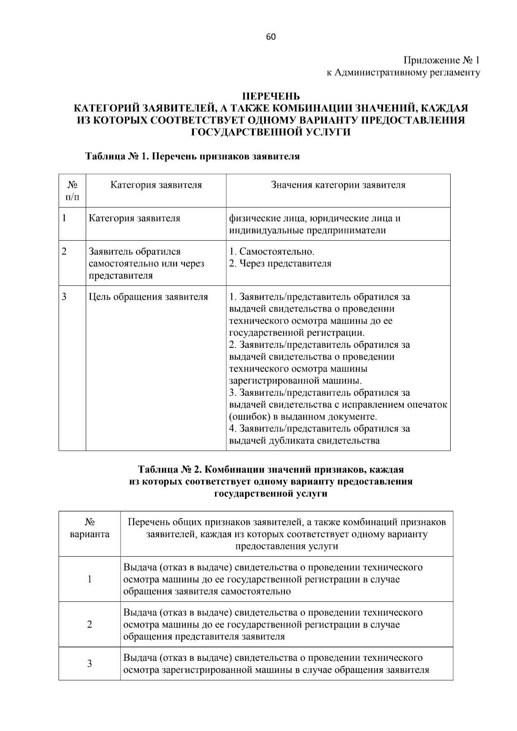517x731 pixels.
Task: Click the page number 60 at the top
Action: click(x=271, y=37)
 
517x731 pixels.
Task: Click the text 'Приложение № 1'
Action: click(x=442, y=60)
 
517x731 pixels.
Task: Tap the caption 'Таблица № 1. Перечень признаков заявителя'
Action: click(x=192, y=156)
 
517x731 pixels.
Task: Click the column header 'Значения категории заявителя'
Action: click(x=338, y=185)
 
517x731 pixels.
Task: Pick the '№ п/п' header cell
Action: click(x=72, y=191)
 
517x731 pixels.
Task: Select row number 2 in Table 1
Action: click(x=64, y=251)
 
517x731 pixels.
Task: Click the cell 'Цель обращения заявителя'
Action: click(x=148, y=297)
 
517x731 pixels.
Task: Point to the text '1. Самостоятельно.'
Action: click(x=271, y=251)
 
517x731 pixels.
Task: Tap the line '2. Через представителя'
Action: click(x=280, y=263)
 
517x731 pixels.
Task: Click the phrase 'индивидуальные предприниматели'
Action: click(x=307, y=230)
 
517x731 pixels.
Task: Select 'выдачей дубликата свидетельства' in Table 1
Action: click(x=304, y=440)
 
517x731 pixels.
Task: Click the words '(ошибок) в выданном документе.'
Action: click(x=303, y=417)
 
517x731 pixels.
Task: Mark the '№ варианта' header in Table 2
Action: click(x=90, y=528)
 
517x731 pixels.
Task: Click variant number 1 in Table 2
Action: click(x=90, y=579)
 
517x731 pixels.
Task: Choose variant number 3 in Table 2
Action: click(x=90, y=663)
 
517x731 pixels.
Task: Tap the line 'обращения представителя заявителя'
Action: click(x=204, y=636)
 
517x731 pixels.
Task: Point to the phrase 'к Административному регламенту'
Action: click(x=403, y=73)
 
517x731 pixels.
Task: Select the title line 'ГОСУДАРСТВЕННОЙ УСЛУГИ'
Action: click(x=270, y=132)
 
